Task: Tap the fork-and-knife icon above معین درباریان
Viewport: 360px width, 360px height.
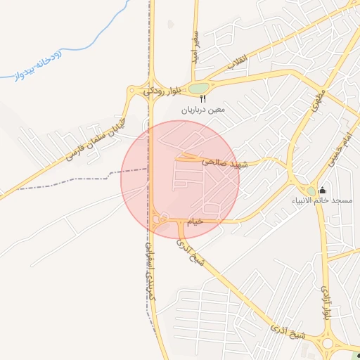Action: pos(202,99)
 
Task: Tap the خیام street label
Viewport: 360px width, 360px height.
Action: pos(195,221)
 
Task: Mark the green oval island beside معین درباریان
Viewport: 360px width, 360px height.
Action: pos(198,89)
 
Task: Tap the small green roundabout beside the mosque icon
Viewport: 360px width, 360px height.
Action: pos(311,191)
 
